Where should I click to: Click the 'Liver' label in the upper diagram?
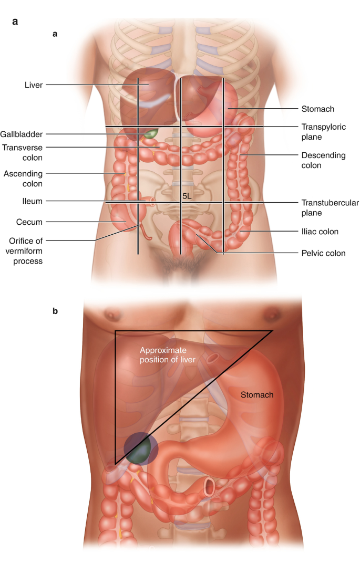[34, 84]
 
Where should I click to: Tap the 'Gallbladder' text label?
[22, 134]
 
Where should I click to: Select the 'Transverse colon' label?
[22, 152]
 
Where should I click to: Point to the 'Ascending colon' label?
[22, 179]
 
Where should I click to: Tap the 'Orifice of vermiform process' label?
[22, 250]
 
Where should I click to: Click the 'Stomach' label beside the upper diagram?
[318, 109]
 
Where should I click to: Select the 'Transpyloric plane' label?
[323, 132]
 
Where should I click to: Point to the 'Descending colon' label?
[323, 160]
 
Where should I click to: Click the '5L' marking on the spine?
[187, 196]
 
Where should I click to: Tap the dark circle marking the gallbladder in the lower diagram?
[141, 448]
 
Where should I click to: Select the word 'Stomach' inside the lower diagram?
[256, 395]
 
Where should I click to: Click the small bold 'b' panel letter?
[55, 311]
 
